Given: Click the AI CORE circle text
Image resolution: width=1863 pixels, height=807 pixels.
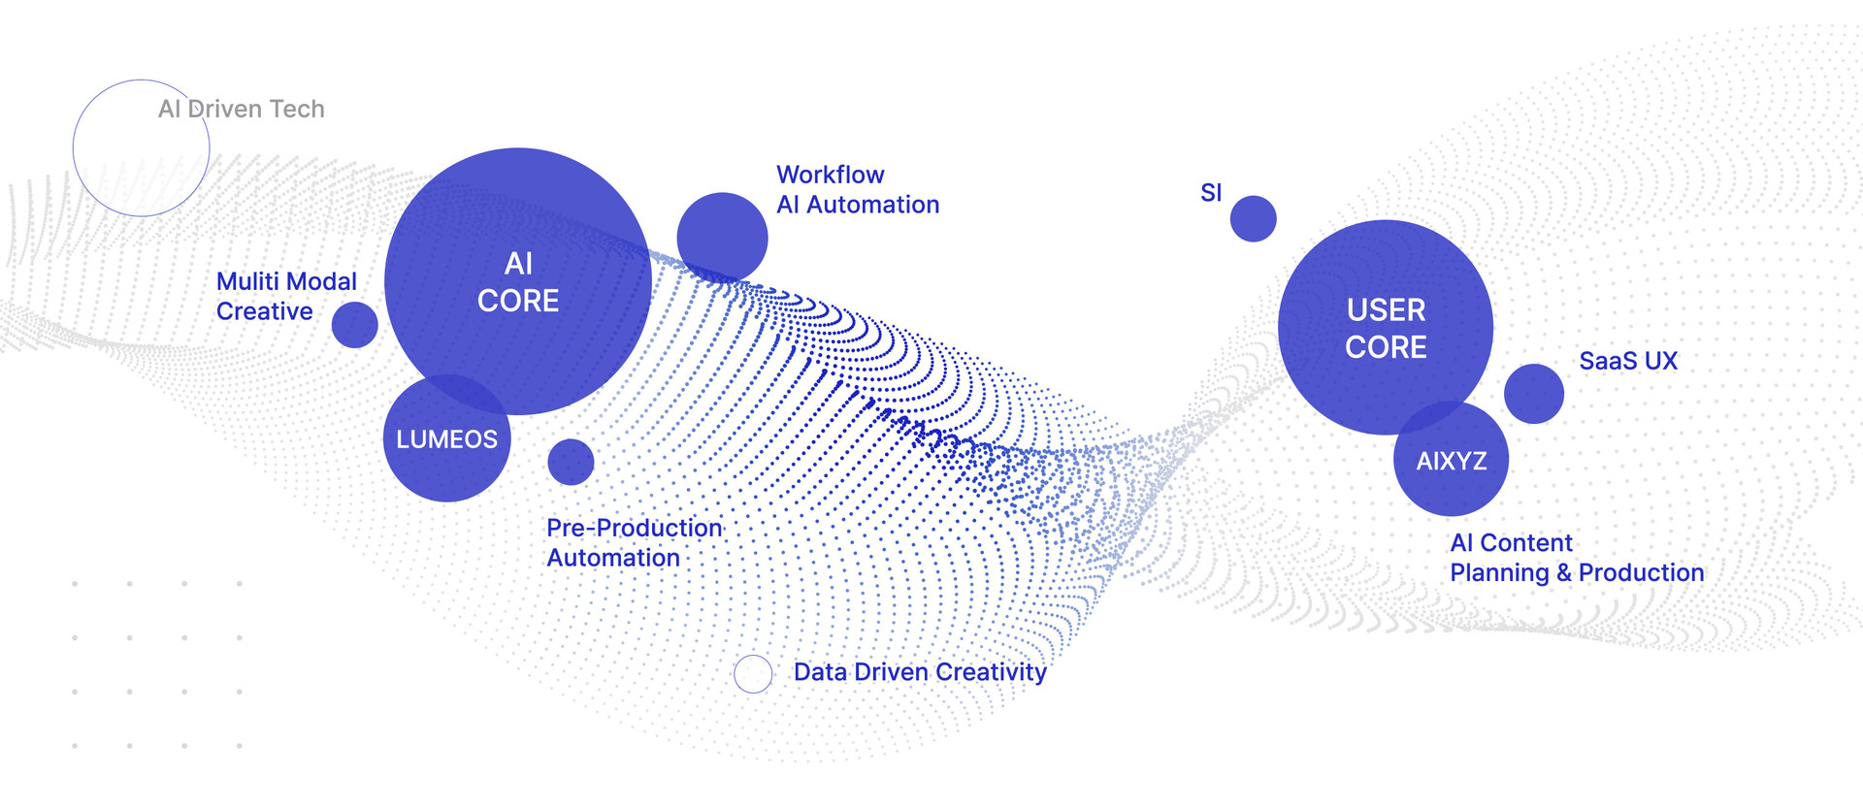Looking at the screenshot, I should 518,282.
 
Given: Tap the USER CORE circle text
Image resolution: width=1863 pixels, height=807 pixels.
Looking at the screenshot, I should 1386,328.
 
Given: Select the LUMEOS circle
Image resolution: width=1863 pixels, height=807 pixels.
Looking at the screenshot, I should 446,439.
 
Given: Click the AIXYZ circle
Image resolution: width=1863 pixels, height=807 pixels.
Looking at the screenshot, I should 1452,461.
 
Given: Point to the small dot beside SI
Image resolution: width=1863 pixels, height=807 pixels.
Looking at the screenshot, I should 1253,218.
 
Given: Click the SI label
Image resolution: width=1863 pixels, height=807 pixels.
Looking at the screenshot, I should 1211,193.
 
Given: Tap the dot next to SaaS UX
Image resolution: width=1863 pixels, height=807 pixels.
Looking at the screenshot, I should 1533,394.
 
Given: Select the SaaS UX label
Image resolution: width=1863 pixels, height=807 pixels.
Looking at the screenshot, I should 1628,361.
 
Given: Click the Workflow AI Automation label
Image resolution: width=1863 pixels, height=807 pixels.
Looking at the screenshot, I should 858,190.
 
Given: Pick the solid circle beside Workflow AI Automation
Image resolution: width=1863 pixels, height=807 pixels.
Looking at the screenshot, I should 722,238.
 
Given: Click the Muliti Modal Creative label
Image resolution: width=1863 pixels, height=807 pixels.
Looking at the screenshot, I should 286,296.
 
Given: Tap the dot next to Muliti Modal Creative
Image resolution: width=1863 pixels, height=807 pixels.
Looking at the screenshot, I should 354,325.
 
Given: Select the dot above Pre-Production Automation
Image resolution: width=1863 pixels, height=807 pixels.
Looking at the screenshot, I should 571,462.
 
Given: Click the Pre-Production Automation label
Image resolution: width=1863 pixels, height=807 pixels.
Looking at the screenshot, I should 635,542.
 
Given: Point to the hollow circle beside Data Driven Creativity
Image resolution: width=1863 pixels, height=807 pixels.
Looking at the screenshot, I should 753,673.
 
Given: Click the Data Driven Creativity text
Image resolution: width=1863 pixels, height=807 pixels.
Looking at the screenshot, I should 920,672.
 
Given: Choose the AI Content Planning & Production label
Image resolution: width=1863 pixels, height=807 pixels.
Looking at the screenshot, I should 1577,558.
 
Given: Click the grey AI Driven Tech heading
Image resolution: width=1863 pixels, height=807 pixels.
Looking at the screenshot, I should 242,109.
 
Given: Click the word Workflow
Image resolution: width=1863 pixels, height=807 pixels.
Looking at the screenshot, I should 831,175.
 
